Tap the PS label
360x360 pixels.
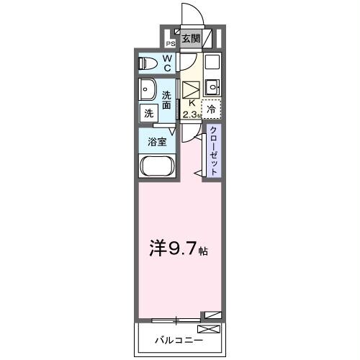coord(171,43)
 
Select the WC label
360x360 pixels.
coord(166,63)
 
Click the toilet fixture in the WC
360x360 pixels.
coord(148,63)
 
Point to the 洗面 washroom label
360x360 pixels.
coord(166,100)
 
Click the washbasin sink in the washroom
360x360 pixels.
coord(149,91)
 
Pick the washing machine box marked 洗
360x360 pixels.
coord(148,113)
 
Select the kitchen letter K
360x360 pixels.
coord(191,103)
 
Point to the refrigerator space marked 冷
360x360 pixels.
coord(211,109)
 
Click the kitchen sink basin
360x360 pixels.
coord(212,88)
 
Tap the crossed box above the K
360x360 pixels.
coord(191,90)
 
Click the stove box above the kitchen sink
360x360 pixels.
coord(211,62)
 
